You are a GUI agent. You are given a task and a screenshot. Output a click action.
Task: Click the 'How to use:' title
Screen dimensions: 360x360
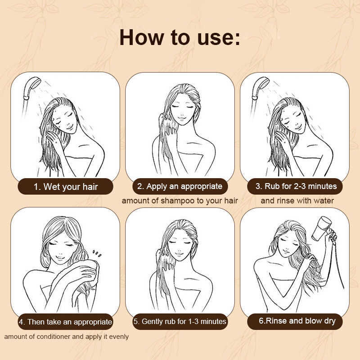click(x=180, y=37)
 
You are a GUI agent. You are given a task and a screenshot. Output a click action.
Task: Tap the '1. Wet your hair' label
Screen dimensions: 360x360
click(x=66, y=187)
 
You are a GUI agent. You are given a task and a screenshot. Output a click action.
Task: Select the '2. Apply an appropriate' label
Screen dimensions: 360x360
click(x=180, y=186)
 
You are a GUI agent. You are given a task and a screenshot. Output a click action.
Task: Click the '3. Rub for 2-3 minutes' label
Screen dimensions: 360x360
click(x=296, y=186)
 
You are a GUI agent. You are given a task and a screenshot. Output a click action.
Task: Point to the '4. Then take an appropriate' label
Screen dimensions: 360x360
click(x=65, y=322)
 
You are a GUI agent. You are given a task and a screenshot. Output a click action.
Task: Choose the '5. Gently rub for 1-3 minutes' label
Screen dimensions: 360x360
click(x=180, y=321)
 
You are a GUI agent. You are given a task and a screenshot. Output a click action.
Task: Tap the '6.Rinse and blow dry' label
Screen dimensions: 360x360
click(x=297, y=321)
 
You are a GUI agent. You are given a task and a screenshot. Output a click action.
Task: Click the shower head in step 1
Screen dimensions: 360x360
click(x=31, y=88)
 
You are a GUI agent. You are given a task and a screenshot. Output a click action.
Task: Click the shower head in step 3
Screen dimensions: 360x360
click(x=260, y=88)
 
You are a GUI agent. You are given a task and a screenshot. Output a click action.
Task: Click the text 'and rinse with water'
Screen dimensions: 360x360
click(x=297, y=201)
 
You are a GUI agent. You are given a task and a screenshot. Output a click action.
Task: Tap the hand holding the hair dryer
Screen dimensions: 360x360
click(x=332, y=237)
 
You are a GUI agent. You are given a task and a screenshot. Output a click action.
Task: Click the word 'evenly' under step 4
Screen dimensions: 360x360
click(x=119, y=337)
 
